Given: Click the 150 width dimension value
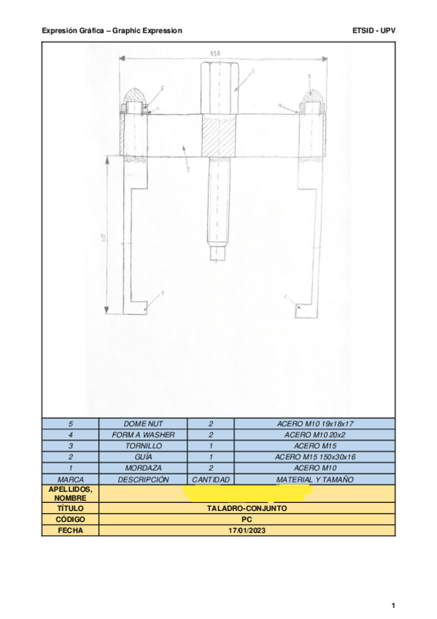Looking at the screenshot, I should click(x=214, y=53).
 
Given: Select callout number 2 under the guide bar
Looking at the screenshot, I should click(x=187, y=169).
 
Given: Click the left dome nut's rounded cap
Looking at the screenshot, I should click(x=136, y=95).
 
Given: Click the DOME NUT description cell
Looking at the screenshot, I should click(x=143, y=423).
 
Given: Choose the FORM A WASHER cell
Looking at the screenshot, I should click(x=143, y=434).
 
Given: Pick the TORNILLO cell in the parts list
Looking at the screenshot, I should click(x=143, y=445).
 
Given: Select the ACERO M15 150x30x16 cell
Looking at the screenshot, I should click(x=314, y=457).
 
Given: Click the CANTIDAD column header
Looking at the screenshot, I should click(x=210, y=480).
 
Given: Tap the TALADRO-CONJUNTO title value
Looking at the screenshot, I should click(x=247, y=508).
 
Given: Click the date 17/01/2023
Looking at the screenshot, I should click(x=247, y=531).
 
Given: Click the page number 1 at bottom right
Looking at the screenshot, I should click(x=392, y=605).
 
